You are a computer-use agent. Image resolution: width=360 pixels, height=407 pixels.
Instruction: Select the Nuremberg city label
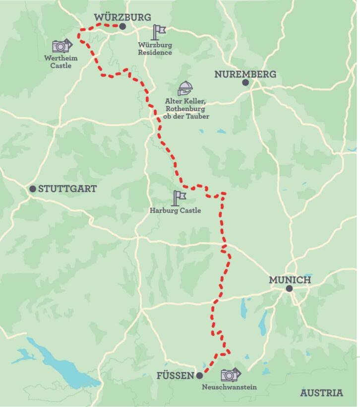point(245,74)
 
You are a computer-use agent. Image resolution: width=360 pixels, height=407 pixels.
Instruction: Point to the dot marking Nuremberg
point(245,83)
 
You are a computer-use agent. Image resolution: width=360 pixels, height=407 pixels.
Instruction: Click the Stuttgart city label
point(67,189)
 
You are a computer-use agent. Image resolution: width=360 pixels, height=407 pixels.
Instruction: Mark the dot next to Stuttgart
point(32,189)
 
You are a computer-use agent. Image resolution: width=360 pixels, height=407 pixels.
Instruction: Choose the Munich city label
point(290,280)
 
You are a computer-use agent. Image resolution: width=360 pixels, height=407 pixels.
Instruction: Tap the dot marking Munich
point(289,288)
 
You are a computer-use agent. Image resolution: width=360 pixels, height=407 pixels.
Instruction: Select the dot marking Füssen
point(199,375)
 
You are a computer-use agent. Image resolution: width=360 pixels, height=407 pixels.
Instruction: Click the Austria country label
point(321,393)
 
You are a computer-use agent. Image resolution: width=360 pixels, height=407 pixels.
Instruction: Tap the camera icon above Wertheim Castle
point(62,46)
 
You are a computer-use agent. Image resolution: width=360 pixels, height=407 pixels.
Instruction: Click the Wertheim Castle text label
point(61,62)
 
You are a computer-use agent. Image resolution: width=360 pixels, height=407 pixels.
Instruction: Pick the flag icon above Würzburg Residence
point(159,32)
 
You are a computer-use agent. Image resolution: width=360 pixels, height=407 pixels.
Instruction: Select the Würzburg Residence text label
point(155,49)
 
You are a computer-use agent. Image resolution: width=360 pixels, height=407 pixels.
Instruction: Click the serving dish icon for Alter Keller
point(185,88)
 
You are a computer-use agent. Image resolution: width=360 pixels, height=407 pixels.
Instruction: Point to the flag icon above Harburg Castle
point(179,198)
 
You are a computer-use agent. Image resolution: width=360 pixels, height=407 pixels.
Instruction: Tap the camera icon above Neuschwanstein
point(230,374)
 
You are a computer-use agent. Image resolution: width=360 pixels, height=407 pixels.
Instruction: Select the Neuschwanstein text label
point(230,387)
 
